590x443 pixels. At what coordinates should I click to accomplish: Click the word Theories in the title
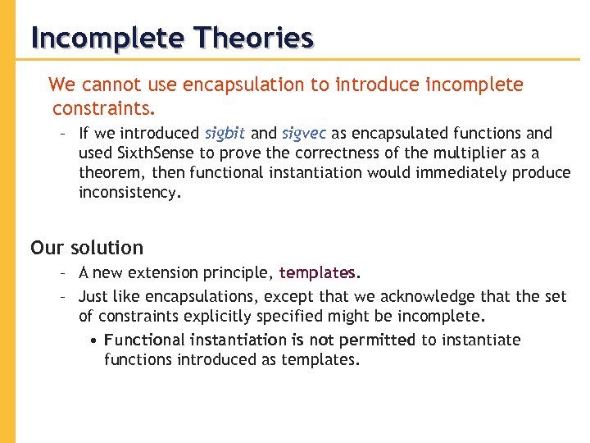(254, 38)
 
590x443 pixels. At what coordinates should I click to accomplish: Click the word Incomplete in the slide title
(107, 38)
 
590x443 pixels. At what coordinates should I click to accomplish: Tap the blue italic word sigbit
(225, 133)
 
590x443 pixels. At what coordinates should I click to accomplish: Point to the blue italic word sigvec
(303, 134)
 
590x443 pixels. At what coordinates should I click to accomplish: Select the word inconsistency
(129, 193)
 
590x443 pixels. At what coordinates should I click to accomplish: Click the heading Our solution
(87, 248)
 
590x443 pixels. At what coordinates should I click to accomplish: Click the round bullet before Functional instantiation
(96, 340)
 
